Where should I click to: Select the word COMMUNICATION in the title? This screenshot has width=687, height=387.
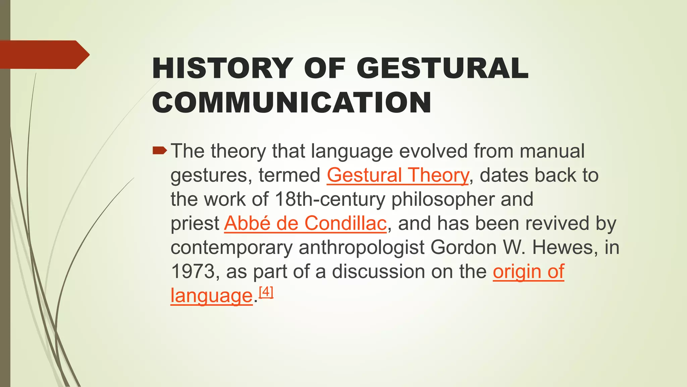tap(292, 102)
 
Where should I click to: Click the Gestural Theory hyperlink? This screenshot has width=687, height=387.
tap(398, 175)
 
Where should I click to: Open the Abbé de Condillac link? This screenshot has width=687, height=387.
tap(305, 223)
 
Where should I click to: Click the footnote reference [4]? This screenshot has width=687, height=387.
tap(266, 292)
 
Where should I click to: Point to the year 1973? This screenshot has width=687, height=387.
tap(192, 271)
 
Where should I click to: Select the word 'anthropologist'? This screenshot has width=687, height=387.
tap(362, 248)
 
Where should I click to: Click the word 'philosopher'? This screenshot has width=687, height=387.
tap(443, 200)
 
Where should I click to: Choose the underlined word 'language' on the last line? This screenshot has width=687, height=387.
tap(211, 296)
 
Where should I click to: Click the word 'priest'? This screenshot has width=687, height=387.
tap(195, 223)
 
